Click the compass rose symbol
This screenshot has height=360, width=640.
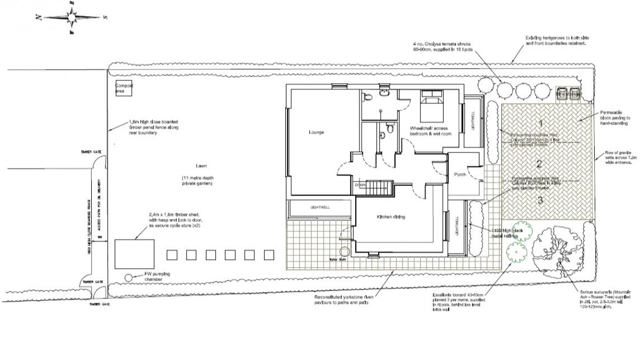click(x=72, y=17)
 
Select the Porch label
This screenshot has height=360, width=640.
click(x=460, y=174)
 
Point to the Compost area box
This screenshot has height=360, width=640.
click(x=124, y=89)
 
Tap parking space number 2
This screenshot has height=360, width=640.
click(x=539, y=164)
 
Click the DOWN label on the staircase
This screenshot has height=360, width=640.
click(x=361, y=185)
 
